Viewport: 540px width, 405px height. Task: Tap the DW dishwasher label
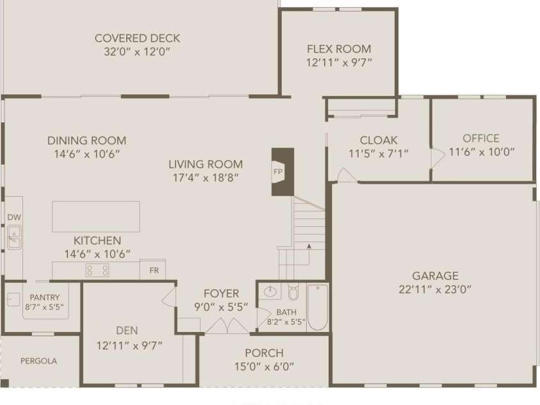click(x=14, y=217)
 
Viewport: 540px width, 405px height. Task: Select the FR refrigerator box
click(x=153, y=270)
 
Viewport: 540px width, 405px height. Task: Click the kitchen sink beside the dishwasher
click(x=13, y=238)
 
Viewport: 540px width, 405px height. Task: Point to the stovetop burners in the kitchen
click(x=97, y=270)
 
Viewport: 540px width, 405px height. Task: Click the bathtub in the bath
click(x=318, y=307)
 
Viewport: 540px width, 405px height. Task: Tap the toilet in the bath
click(x=293, y=293)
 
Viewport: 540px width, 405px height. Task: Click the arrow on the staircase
click(x=309, y=245)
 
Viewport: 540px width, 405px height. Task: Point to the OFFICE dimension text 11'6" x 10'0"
click(x=482, y=153)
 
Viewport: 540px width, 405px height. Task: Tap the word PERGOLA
click(x=38, y=361)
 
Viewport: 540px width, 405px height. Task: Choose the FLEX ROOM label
click(x=339, y=49)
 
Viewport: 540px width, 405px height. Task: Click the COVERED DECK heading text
click(x=137, y=38)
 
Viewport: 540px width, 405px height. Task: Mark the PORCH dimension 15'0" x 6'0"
click(x=264, y=367)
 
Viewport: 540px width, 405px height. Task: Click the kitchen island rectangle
click(x=96, y=217)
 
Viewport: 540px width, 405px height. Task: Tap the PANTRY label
click(x=44, y=297)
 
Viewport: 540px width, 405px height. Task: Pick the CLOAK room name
click(x=379, y=140)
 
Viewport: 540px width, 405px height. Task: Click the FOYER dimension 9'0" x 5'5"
click(x=221, y=307)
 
